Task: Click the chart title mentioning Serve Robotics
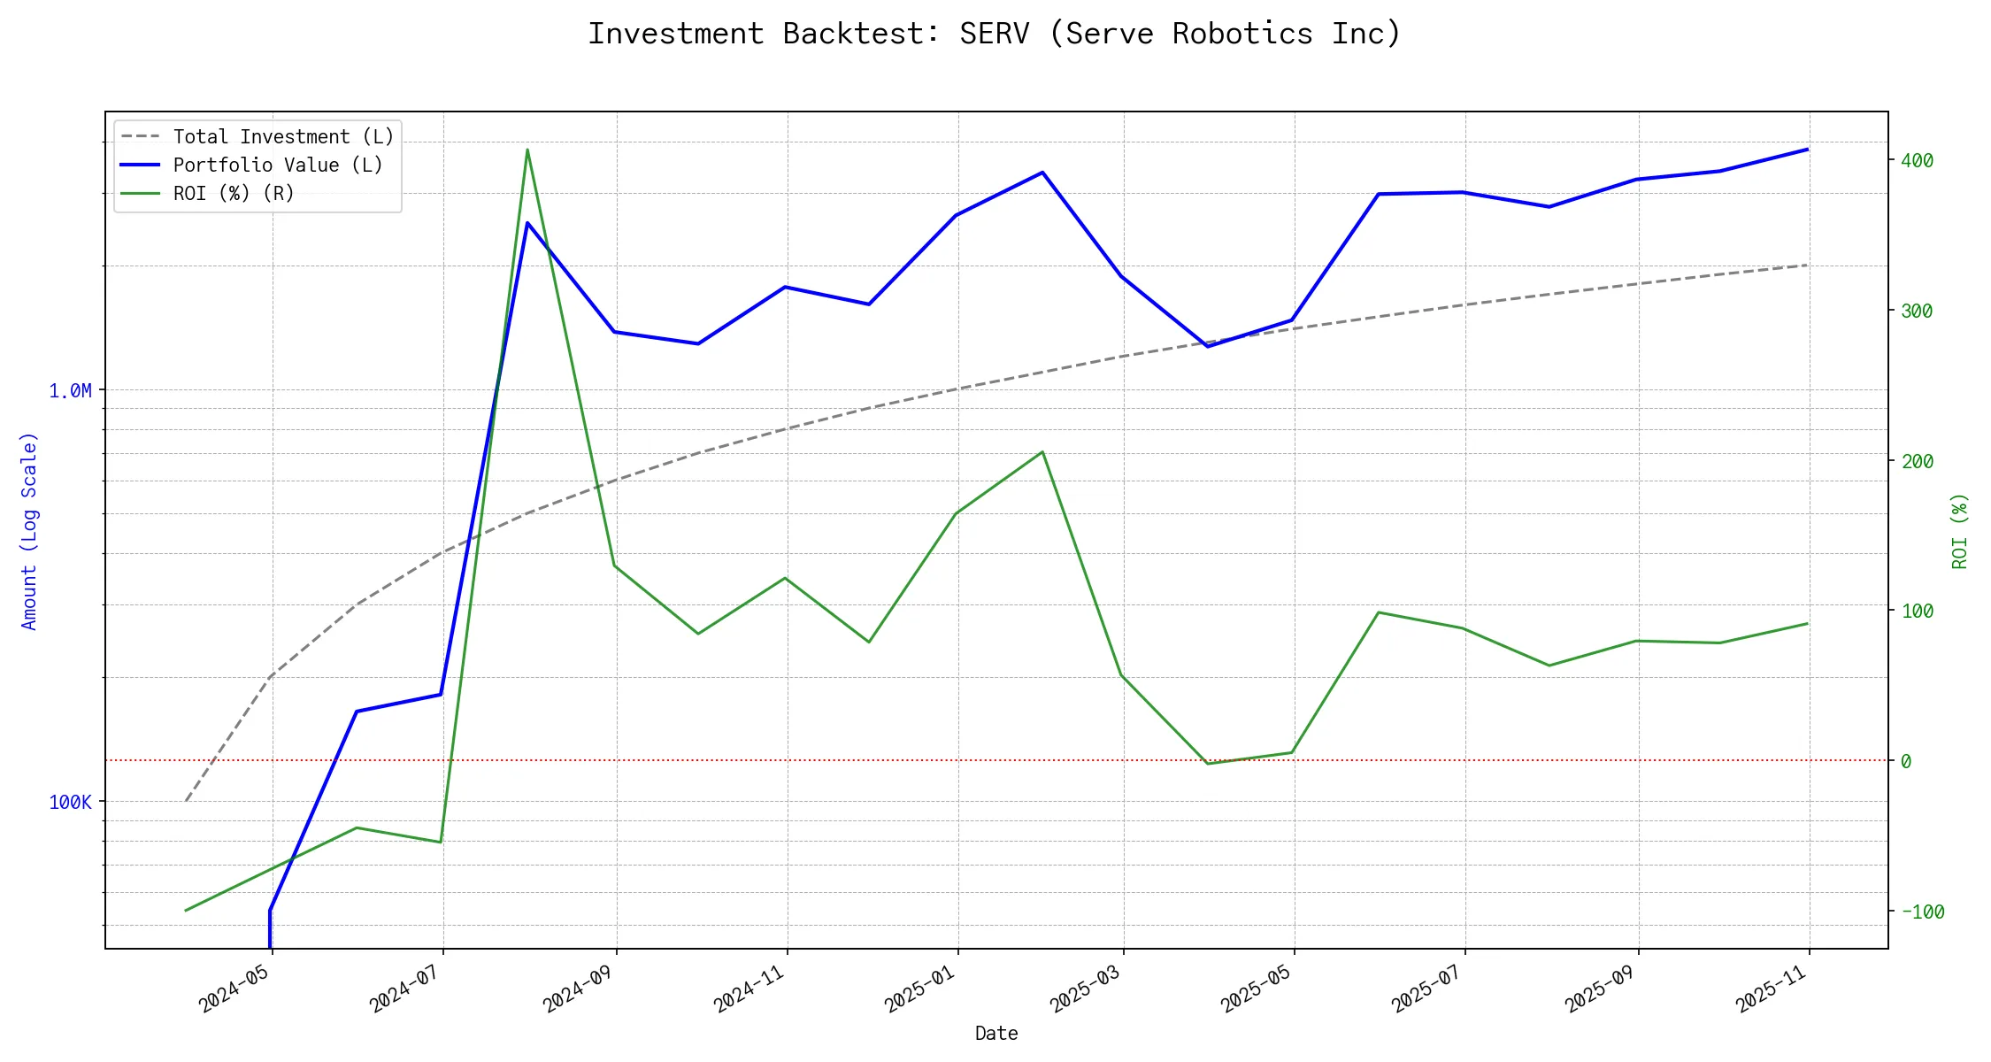click(995, 34)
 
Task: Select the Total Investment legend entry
click(282, 137)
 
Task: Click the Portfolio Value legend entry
click(277, 165)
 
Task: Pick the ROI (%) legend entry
click(233, 194)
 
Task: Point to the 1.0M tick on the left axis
click(70, 391)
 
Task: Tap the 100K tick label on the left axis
click(70, 803)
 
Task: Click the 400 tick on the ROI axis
click(1917, 161)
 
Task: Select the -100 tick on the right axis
click(1922, 912)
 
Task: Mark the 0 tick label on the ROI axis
click(1906, 761)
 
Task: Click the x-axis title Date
click(996, 1034)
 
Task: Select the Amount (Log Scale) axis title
click(30, 531)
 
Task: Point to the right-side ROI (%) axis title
click(1960, 531)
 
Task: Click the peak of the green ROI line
click(527, 150)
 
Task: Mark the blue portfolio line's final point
click(1807, 150)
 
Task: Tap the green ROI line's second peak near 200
click(1042, 452)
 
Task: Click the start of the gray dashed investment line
click(186, 801)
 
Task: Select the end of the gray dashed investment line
click(1807, 265)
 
